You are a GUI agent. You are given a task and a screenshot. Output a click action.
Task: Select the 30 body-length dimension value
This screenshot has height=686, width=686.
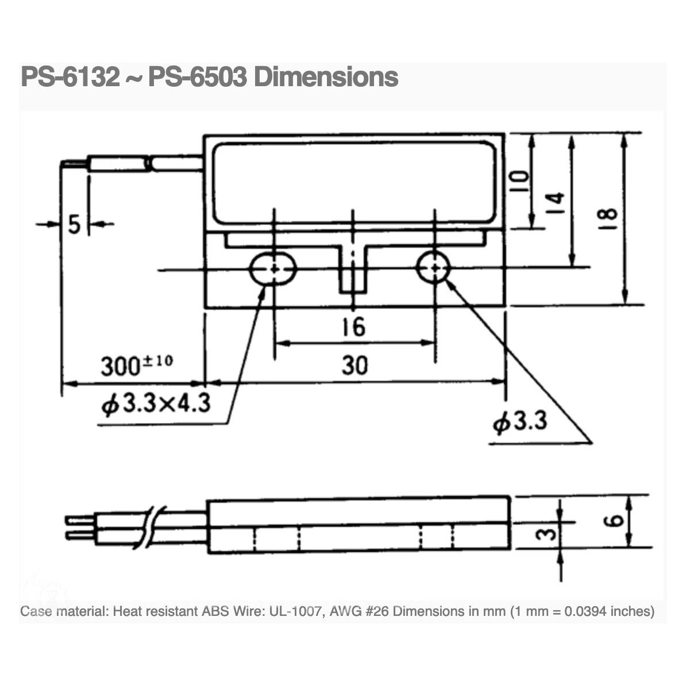tap(354, 365)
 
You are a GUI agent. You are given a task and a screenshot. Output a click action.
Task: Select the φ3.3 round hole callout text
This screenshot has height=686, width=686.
tap(521, 423)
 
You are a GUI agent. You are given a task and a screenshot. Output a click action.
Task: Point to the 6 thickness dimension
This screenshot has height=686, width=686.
tap(615, 521)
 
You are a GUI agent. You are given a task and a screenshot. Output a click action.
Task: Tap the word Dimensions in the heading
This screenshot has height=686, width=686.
tap(326, 77)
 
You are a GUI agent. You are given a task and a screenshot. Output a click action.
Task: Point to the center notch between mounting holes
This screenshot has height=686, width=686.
tap(353, 270)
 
